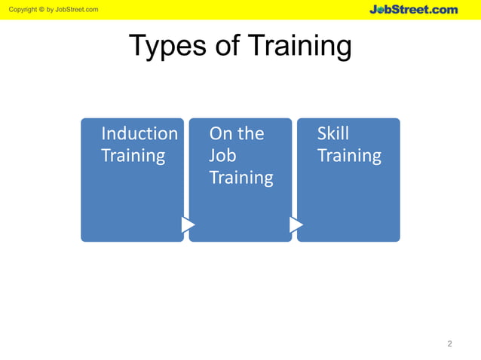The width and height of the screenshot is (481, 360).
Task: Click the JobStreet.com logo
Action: point(413,9)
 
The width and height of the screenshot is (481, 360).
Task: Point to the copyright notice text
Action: point(50,9)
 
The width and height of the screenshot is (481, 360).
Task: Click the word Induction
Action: point(139,133)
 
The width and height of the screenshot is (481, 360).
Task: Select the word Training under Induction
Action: point(133,156)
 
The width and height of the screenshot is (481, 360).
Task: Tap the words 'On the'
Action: point(237,133)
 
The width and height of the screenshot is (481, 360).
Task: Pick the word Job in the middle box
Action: point(222,156)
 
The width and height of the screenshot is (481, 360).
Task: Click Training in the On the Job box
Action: point(241,178)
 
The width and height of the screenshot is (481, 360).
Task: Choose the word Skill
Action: point(333,133)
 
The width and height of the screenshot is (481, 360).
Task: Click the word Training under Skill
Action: point(349,156)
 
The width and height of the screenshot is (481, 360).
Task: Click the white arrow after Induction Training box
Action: point(188,224)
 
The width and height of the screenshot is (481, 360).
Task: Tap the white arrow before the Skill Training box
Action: point(296,224)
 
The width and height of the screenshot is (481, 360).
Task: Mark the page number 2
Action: point(449,344)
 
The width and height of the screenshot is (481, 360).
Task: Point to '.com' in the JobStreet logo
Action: point(445,9)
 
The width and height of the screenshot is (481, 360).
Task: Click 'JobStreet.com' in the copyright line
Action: point(78,9)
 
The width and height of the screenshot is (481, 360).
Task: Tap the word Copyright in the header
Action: point(21,9)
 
